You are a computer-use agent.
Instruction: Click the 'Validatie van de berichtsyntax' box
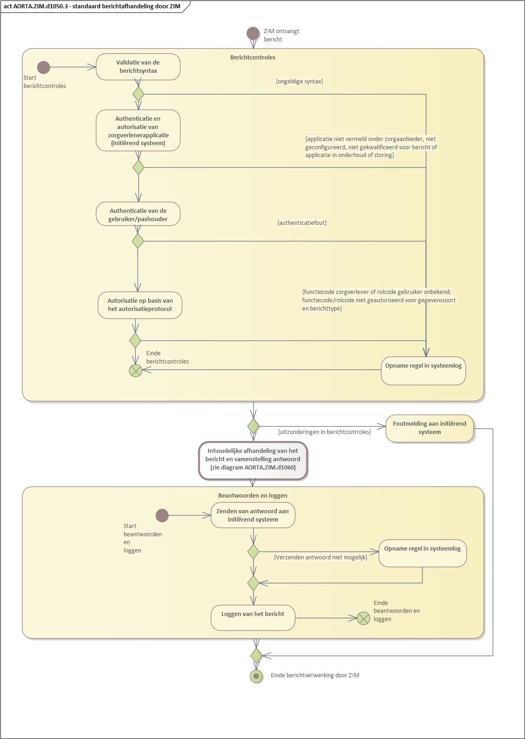click(x=138, y=67)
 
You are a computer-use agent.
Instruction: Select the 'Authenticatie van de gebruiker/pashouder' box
click(x=138, y=214)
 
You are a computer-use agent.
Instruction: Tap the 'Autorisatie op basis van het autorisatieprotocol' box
click(x=140, y=305)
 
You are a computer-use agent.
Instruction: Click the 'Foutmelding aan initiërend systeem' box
click(x=430, y=428)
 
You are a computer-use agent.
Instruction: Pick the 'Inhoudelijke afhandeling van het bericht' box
click(x=253, y=460)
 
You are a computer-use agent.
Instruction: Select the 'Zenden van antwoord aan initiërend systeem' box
click(x=253, y=516)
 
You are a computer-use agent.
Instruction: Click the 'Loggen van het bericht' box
click(x=253, y=617)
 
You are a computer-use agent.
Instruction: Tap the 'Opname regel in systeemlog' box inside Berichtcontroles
click(x=423, y=370)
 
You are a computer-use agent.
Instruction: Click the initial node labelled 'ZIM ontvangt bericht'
click(x=253, y=33)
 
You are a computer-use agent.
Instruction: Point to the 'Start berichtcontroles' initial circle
click(x=44, y=67)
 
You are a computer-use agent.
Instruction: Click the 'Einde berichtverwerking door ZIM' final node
click(x=256, y=676)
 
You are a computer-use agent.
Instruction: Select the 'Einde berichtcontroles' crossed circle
click(x=135, y=370)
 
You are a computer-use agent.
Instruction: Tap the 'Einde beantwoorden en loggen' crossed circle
click(x=364, y=618)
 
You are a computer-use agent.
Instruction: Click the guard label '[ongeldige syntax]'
click(x=299, y=82)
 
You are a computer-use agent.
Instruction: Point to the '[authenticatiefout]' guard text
click(x=302, y=223)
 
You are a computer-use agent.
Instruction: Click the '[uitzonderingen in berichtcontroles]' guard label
click(x=324, y=432)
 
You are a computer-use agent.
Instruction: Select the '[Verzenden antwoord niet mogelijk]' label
click(x=321, y=557)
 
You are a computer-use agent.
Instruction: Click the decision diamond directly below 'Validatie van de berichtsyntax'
click(x=138, y=94)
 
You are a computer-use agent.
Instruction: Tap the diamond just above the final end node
click(x=256, y=655)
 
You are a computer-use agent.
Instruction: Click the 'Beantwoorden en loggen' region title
click(x=253, y=496)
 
